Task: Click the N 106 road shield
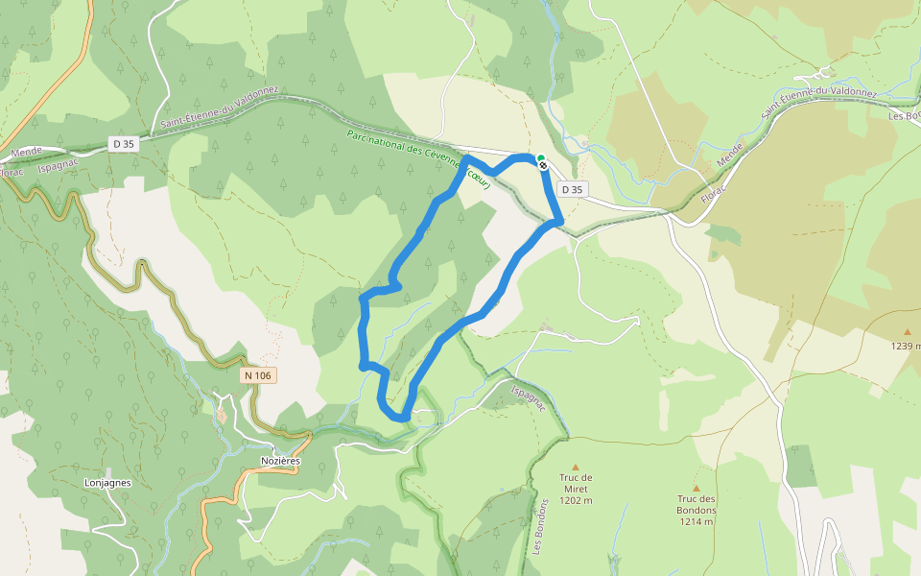[257, 375]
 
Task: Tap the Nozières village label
[281, 461]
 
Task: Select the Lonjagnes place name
[107, 483]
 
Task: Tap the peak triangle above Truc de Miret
[576, 467]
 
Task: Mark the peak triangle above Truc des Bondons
[697, 488]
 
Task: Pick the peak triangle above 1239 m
[907, 332]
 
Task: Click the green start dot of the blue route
[540, 158]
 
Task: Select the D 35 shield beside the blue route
[572, 189]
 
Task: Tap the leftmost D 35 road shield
[123, 144]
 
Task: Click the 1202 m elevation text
[576, 500]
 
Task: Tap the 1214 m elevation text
[697, 522]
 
